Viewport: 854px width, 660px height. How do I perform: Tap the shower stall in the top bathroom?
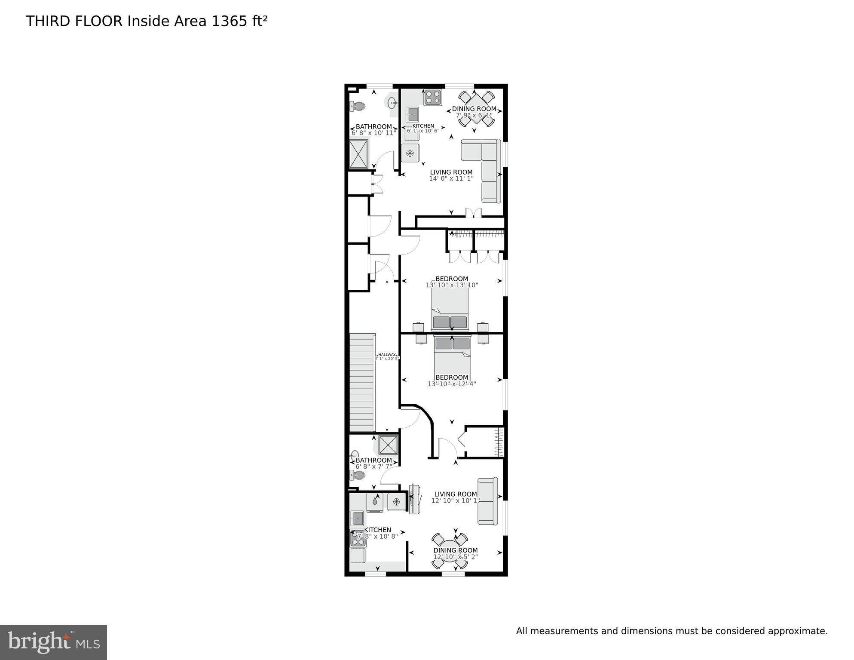coord(358,154)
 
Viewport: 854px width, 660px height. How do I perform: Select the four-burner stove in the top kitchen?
coord(432,98)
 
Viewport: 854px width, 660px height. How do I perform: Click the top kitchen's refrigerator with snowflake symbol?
coord(410,153)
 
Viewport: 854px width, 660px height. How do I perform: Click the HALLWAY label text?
coord(387,354)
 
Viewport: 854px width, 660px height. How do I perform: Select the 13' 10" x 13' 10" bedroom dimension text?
coord(452,285)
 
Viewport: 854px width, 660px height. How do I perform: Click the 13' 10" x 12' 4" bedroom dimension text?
coord(452,384)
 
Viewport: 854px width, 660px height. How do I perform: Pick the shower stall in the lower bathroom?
coord(388,445)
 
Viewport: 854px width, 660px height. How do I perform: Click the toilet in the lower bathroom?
coord(358,475)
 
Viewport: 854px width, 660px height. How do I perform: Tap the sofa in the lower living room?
coord(488,501)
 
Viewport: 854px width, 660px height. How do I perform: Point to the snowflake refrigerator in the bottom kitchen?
coord(397,501)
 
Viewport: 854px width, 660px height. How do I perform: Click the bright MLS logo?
coord(53,642)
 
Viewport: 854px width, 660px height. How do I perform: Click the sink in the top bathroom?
coord(392,103)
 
